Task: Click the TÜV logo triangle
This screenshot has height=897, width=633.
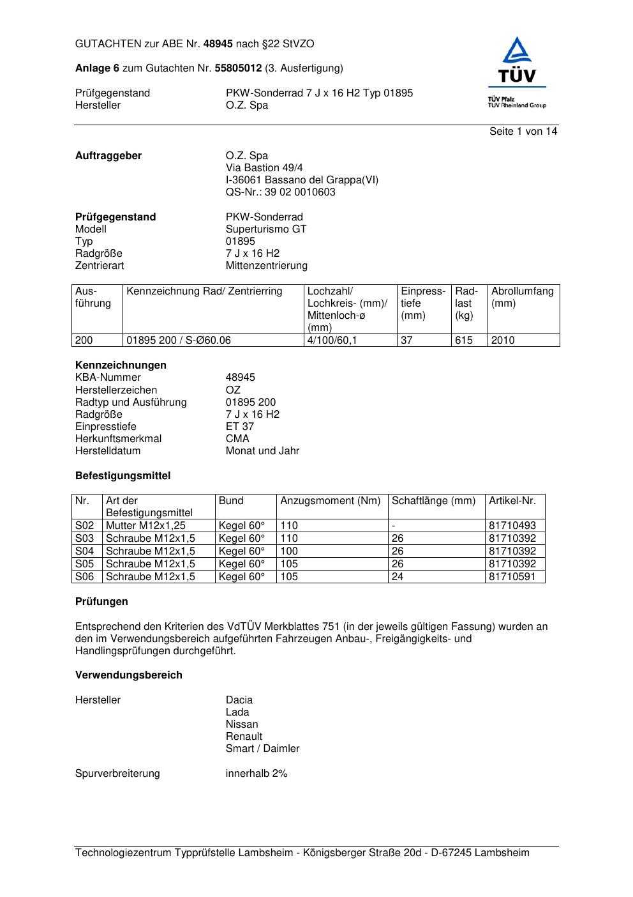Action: pos(516,52)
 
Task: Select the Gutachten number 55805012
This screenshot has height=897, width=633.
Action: pos(238,68)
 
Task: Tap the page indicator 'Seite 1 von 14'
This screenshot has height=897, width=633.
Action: pos(523,132)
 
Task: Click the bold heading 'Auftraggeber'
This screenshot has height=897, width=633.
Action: pos(108,156)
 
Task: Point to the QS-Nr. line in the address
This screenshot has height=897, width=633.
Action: pos(280,192)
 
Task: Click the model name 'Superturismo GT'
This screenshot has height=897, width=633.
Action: pos(265,229)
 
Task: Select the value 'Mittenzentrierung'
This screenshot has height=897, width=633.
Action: pos(266,266)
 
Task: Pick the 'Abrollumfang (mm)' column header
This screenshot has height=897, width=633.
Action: pos(522,297)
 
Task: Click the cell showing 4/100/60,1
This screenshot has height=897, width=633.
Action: pos(332,341)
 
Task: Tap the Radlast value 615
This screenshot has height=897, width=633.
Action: pos(464,341)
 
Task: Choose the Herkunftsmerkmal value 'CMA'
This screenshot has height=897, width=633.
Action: pos(237,439)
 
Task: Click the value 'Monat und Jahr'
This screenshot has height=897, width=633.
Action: pos(262,451)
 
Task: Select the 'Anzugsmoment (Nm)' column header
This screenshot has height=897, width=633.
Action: pos(330,501)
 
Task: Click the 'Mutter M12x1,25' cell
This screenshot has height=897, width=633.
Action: pos(145,526)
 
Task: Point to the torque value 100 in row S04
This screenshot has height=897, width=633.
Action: pos(289,551)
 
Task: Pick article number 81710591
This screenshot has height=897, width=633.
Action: pos(512,577)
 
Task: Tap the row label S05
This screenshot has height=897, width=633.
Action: pos(84,564)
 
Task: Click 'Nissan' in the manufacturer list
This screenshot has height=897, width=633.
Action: pos(242,724)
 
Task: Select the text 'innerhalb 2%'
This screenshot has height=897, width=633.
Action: pos(256,774)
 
